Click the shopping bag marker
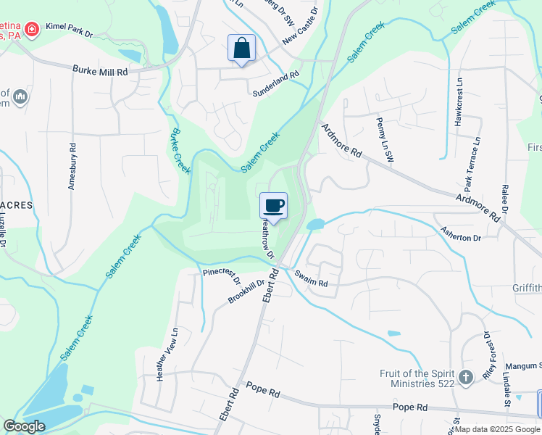click(x=241, y=49)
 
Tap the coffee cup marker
click(x=273, y=206)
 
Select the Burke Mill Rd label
click(x=100, y=72)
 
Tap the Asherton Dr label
click(x=461, y=233)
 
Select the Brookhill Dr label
click(x=242, y=290)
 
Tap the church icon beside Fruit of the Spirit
click(x=466, y=377)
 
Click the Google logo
click(x=24, y=426)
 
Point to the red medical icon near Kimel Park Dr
click(x=31, y=29)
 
